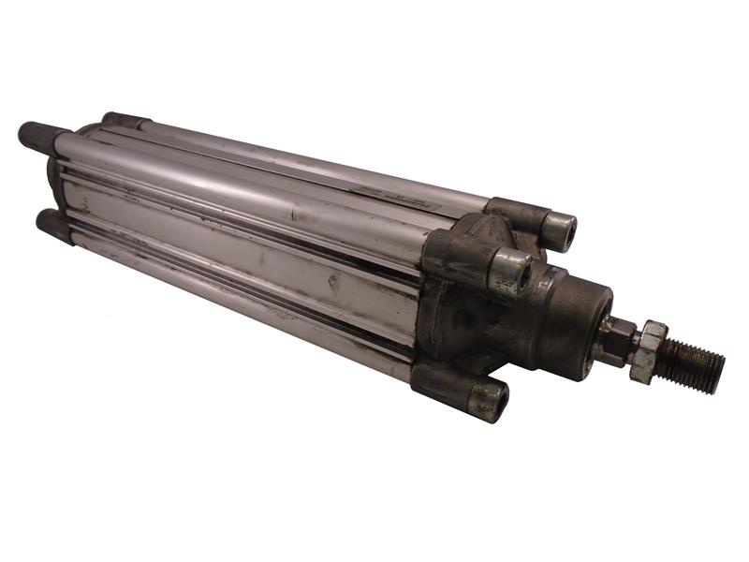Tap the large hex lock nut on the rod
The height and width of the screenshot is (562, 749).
click(649, 349)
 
